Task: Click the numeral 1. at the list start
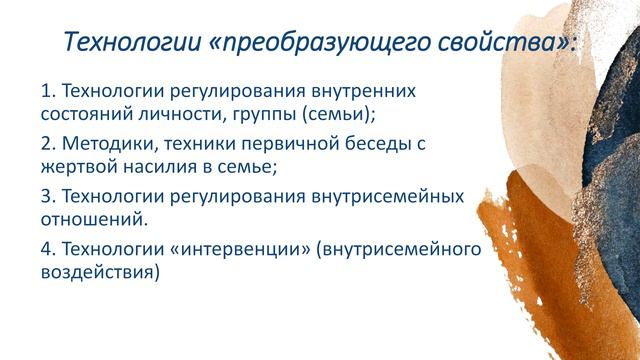click(49, 92)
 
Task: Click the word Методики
click(108, 143)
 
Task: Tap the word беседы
click(375, 143)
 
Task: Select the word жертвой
click(79, 168)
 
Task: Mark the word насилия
click(162, 168)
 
